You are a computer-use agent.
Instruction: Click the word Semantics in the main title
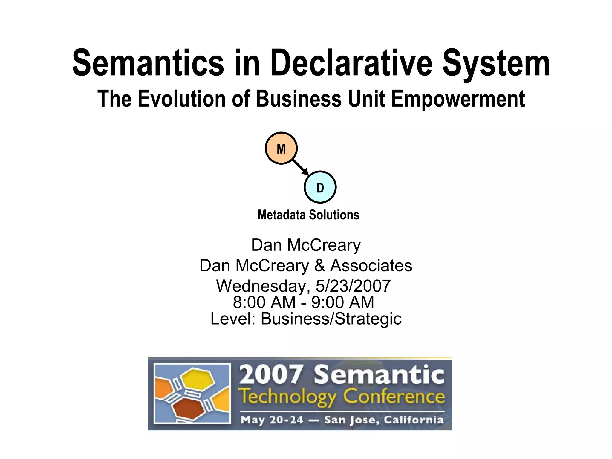coord(148,63)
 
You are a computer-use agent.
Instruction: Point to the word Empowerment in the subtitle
coord(458,99)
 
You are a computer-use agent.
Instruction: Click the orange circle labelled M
coord(281,148)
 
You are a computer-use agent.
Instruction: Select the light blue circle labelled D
coord(320,187)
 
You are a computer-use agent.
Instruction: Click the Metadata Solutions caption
coord(308,215)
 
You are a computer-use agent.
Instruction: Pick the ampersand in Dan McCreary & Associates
coord(319,265)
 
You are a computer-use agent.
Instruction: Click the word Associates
coord(371,265)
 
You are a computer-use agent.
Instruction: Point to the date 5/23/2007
coord(353,286)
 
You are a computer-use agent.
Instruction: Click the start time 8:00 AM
coord(264,302)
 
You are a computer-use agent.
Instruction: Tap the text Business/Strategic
coord(331,319)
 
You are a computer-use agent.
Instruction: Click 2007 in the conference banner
coord(271,375)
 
